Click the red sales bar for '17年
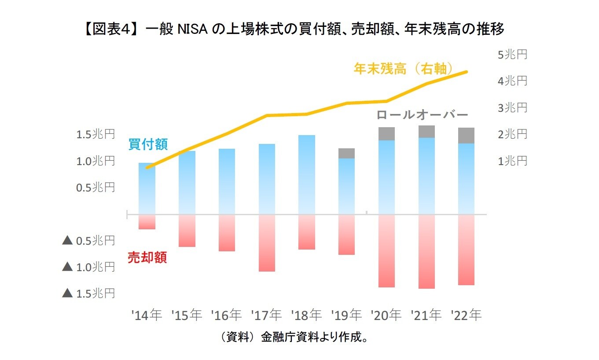click(x=267, y=243)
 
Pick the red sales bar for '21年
click(x=426, y=252)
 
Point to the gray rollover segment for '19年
click(x=346, y=153)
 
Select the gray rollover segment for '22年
click(x=466, y=136)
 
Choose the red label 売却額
click(x=147, y=257)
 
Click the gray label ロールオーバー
click(x=422, y=115)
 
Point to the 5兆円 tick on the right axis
click(x=512, y=55)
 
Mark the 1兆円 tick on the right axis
click(x=512, y=161)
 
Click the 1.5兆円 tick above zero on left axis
click(x=96, y=134)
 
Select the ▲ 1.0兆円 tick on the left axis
click(x=89, y=267)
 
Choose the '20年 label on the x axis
click(x=386, y=315)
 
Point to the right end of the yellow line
click(x=467, y=72)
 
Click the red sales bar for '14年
click(x=147, y=222)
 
